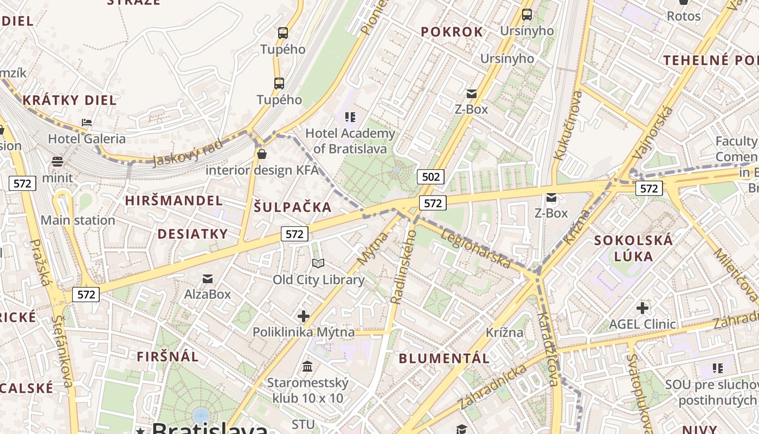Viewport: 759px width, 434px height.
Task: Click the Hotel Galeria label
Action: click(x=87, y=139)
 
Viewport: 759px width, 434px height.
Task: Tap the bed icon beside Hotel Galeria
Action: click(x=87, y=123)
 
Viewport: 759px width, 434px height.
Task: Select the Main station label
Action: click(x=78, y=220)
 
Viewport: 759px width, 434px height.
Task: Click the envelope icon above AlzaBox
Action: click(x=208, y=279)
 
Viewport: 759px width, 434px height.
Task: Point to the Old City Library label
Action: click(x=318, y=280)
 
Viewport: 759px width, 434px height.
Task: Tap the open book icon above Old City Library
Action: click(x=318, y=264)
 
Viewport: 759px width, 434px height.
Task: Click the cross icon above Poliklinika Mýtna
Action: click(x=304, y=316)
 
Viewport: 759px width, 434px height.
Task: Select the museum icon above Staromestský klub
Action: click(x=307, y=367)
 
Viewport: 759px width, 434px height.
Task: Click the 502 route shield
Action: click(x=431, y=177)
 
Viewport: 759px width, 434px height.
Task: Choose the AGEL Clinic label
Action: click(x=642, y=324)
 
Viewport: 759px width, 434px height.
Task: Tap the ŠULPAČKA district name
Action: click(x=293, y=207)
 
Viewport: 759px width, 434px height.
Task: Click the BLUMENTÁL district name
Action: click(x=445, y=358)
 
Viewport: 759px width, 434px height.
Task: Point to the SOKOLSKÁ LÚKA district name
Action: click(x=633, y=248)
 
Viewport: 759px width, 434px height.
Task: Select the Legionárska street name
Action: click(x=475, y=248)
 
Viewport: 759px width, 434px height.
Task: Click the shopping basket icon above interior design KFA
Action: click(x=262, y=155)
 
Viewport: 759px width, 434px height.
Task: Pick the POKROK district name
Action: click(x=452, y=32)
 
